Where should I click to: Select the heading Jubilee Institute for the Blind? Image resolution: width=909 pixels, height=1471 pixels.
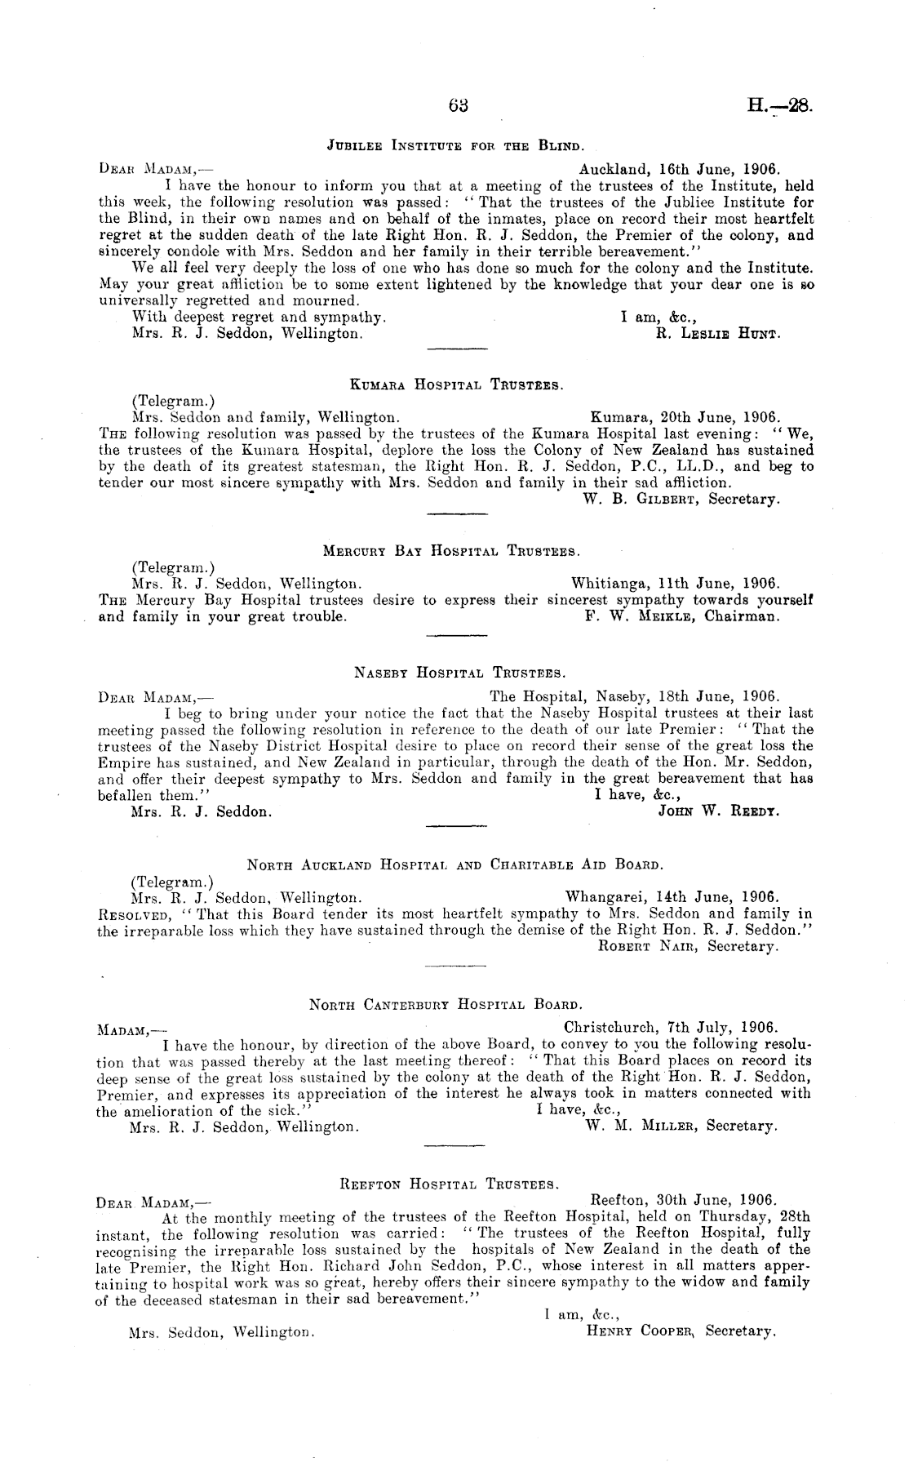point(454,148)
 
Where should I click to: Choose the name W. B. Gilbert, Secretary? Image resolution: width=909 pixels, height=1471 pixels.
point(682,499)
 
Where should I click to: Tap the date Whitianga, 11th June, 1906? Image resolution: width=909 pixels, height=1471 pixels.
point(676,584)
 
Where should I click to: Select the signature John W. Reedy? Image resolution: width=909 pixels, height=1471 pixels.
point(718,812)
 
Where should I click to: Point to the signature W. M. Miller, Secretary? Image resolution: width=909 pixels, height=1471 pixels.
point(682,1127)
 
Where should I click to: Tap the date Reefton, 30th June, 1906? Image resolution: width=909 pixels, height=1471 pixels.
point(681,1200)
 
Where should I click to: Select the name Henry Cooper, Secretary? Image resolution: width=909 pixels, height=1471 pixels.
point(679,1331)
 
